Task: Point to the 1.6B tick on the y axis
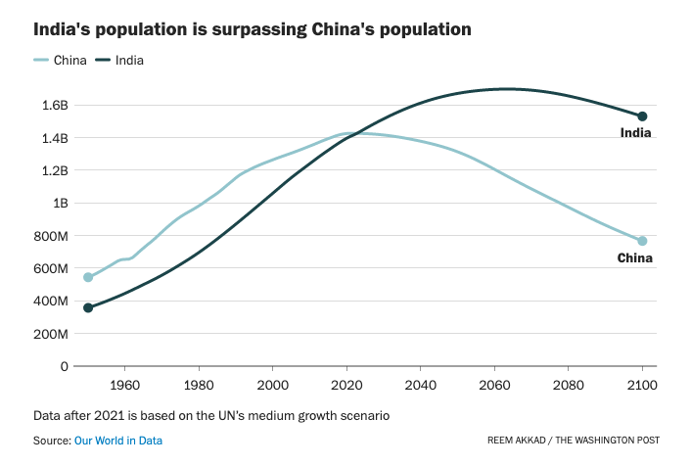tap(54, 106)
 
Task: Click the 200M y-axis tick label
tap(51, 334)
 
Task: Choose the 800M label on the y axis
tap(51, 236)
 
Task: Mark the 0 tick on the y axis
tap(64, 366)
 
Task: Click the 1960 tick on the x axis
tap(124, 385)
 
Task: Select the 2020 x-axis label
tap(346, 385)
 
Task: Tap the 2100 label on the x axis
tap(642, 385)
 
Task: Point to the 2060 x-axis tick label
tap(494, 385)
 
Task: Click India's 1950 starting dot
tap(88, 307)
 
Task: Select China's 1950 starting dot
tap(88, 277)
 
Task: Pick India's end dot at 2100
tap(642, 116)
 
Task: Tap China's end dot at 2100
tap(642, 241)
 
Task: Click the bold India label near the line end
tap(636, 133)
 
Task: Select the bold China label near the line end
tap(634, 258)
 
